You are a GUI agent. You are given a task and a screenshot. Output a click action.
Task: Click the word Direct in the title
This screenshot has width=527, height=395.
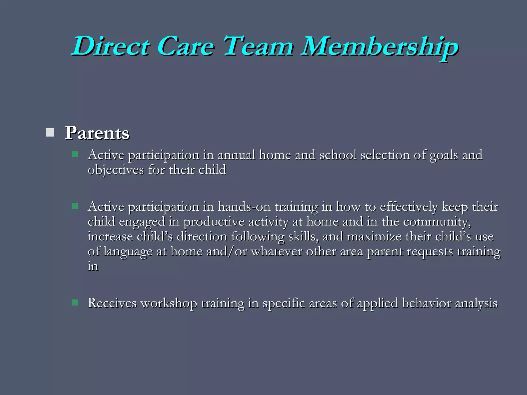point(111,46)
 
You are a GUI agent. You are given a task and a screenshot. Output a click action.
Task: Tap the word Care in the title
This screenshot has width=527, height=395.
point(185,46)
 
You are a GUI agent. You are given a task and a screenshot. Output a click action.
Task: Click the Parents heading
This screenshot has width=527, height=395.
point(97,133)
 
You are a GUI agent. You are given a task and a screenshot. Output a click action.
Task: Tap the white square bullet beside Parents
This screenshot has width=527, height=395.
point(50,132)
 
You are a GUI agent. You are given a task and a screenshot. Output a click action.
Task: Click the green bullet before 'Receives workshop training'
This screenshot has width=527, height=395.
point(75,302)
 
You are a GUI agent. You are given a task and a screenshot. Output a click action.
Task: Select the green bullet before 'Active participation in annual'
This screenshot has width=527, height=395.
point(75,154)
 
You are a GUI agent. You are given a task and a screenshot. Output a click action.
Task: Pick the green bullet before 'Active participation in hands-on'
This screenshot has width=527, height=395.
point(75,206)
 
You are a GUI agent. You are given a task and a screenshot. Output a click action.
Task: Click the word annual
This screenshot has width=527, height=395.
point(236,155)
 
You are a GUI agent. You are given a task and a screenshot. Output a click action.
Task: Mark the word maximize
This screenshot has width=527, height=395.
point(374,237)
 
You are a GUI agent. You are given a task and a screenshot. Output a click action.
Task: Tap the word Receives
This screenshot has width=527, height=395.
point(112,303)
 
